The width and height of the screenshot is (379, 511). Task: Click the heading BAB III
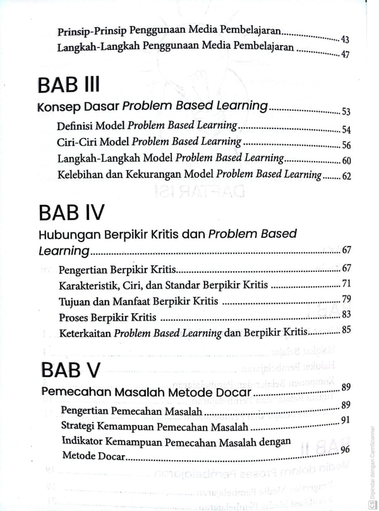click(x=69, y=84)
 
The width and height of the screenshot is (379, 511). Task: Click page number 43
click(x=345, y=39)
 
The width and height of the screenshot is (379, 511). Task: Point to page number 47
click(x=345, y=54)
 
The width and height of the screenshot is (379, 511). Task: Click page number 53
click(x=346, y=113)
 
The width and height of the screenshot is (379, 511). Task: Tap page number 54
click(x=346, y=130)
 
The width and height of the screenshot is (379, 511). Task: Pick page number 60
click(x=346, y=161)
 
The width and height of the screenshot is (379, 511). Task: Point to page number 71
click(x=346, y=283)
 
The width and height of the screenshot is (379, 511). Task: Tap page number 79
click(x=346, y=299)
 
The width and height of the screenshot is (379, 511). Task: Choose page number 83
click(x=346, y=314)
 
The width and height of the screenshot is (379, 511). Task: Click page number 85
click(x=346, y=329)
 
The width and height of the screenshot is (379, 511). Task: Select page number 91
click(x=346, y=419)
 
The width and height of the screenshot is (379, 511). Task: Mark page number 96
click(x=346, y=450)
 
